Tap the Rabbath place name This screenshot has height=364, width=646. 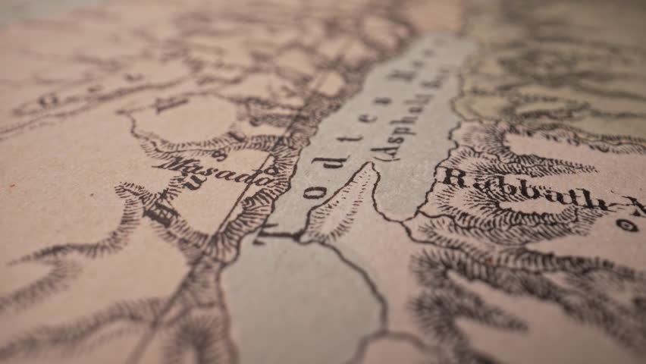(x=523, y=190)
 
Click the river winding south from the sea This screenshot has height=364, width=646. (x=375, y=288)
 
